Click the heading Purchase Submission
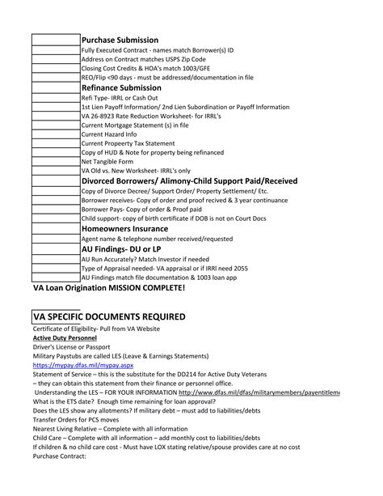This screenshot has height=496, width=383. [x=120, y=40]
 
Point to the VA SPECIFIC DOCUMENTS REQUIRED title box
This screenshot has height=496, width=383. [x=109, y=316]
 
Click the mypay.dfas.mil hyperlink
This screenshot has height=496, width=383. [x=77, y=365]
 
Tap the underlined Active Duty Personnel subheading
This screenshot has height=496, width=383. [x=65, y=337]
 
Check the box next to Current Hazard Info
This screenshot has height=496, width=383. [x=57, y=134]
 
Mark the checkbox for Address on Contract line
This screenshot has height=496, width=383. [x=57, y=60]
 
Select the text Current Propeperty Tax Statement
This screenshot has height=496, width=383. [x=128, y=143]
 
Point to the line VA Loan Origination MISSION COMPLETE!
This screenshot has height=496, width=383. [x=109, y=288]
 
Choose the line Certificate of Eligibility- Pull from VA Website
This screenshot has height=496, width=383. [x=96, y=329]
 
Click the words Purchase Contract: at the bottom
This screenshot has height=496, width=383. [x=59, y=456]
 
